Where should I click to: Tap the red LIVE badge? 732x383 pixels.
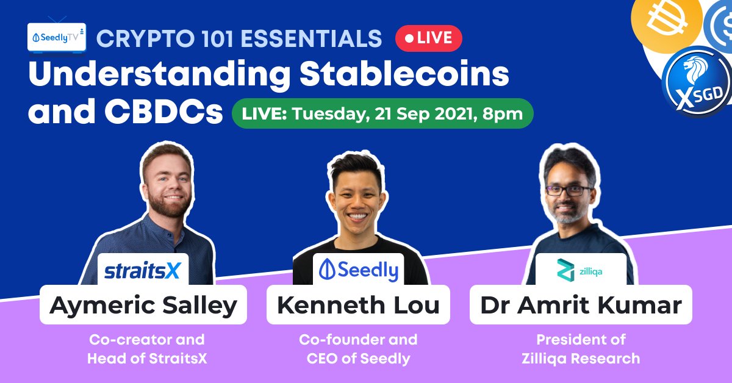428,38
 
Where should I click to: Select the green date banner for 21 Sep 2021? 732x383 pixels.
382,113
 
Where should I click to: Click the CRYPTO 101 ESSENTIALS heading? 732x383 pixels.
239,38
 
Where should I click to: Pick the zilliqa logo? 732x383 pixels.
580,270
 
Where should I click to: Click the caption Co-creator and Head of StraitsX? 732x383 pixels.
147,349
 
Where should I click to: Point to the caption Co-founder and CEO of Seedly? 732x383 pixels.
358,349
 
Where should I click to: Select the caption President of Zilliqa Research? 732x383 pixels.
580,349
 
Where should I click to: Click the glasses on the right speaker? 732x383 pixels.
569,190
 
